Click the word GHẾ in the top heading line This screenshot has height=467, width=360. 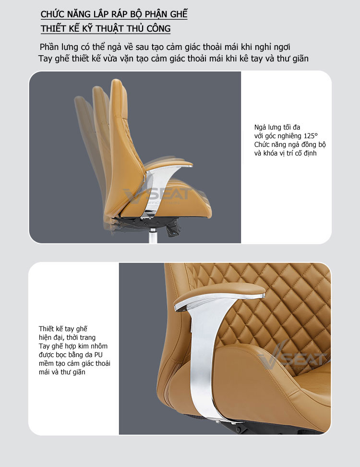pyautogui.click(x=179, y=14)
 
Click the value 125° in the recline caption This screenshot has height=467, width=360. pyautogui.click(x=311, y=136)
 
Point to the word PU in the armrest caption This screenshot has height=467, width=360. pyautogui.click(x=98, y=355)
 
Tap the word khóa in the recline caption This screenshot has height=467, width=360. pyautogui.click(x=270, y=154)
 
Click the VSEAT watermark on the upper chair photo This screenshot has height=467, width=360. pyautogui.click(x=157, y=194)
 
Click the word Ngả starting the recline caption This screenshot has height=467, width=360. pyautogui.click(x=260, y=128)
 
